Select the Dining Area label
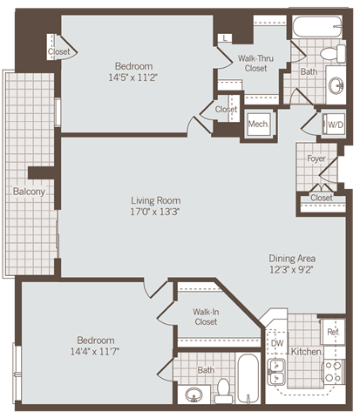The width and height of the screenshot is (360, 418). point(292,259)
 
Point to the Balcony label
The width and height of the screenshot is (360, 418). point(29,192)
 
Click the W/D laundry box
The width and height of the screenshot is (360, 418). point(335,124)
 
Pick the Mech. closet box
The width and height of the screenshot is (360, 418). point(257,124)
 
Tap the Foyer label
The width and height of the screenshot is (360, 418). point(316,159)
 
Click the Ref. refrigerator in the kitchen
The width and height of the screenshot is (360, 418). point(332,332)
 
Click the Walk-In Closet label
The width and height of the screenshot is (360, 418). point(206,316)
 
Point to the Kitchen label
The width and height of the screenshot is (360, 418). point(306,352)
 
